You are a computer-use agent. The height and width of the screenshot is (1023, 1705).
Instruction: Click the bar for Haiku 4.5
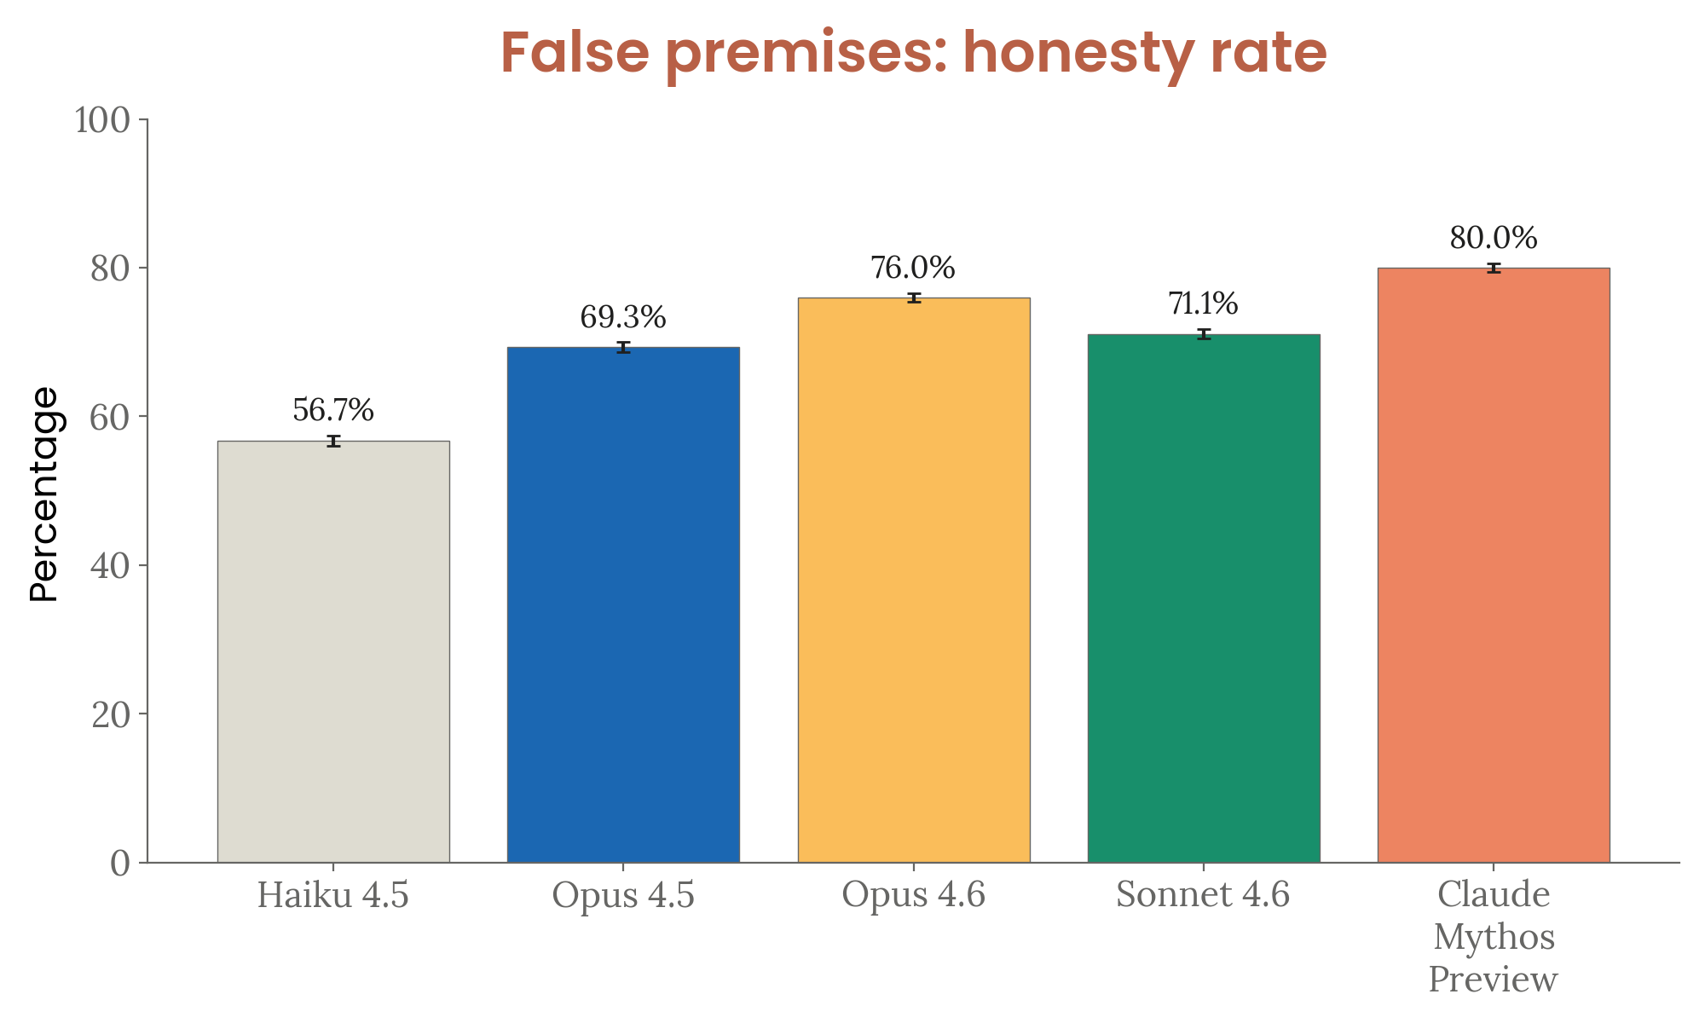pyautogui.click(x=333, y=651)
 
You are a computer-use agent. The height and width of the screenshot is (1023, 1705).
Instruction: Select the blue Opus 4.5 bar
pyautogui.click(x=623, y=604)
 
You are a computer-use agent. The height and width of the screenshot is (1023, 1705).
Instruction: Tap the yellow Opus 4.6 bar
pyautogui.click(x=914, y=580)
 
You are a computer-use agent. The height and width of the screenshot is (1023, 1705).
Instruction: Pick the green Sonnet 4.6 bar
pyautogui.click(x=1204, y=598)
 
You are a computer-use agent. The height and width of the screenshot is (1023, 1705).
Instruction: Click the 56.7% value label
pyautogui.click(x=333, y=411)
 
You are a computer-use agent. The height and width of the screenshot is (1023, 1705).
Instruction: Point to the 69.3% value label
pyautogui.click(x=623, y=318)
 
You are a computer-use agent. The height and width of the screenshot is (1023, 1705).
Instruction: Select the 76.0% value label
pyautogui.click(x=913, y=269)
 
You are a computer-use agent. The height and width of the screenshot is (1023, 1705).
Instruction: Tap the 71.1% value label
pyautogui.click(x=1203, y=303)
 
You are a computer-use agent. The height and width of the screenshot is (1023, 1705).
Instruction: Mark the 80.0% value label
pyautogui.click(x=1494, y=239)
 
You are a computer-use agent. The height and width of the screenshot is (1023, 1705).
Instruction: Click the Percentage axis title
pyautogui.click(x=44, y=494)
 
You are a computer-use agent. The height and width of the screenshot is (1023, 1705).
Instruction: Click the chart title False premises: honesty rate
pyautogui.click(x=913, y=53)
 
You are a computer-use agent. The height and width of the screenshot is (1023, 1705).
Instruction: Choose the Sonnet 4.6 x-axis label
pyautogui.click(x=1203, y=895)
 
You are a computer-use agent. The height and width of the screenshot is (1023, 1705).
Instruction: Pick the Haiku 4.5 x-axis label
pyautogui.click(x=333, y=895)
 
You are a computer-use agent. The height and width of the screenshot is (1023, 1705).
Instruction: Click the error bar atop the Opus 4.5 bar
pyautogui.click(x=623, y=347)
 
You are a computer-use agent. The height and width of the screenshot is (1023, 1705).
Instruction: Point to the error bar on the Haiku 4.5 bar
pyautogui.click(x=333, y=441)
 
